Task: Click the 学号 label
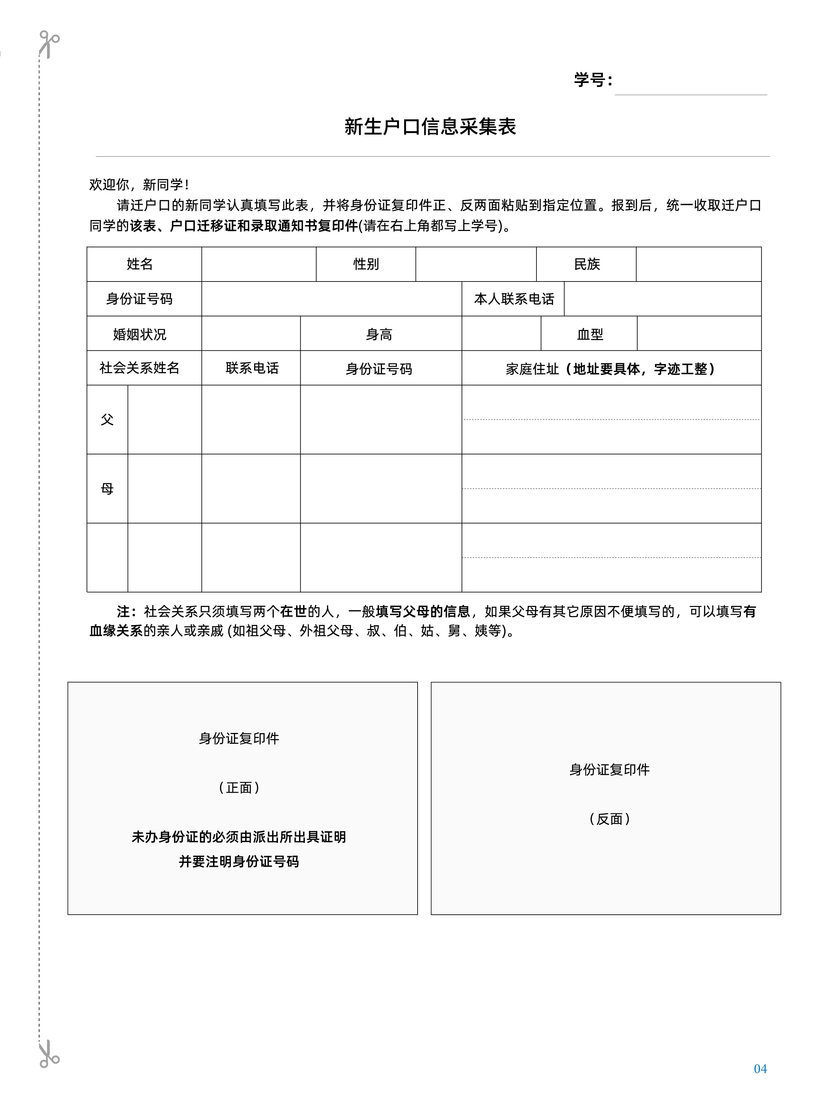[593, 80]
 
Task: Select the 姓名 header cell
[140, 264]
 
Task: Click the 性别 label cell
[366, 264]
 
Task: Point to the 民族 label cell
[586, 264]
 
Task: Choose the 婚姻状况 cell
[140, 334]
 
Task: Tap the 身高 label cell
[379, 334]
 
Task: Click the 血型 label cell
[590, 334]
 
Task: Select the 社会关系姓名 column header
[140, 368]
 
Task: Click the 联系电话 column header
[251, 368]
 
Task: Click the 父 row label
[107, 420]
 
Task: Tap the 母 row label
[107, 488]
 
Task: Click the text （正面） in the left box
[239, 788]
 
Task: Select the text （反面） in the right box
[610, 819]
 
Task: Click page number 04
[760, 1069]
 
